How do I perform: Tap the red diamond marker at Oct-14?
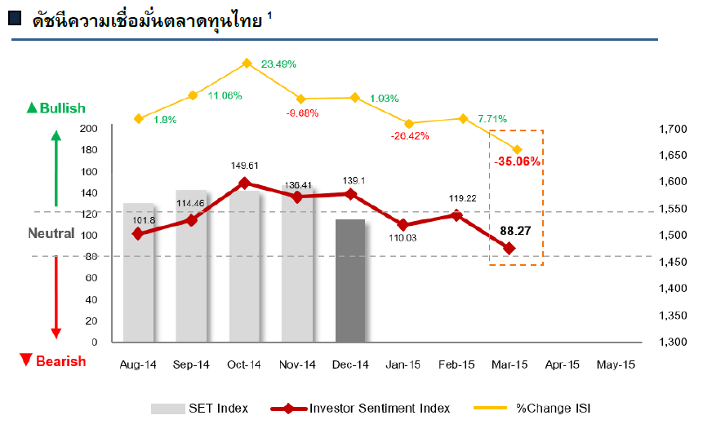pos(245,183)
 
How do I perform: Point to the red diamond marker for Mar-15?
pos(509,248)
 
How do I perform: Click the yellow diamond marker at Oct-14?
pos(246,63)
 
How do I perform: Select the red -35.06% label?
pos(518,161)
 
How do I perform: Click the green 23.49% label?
pos(278,64)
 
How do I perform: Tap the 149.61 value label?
pos(246,166)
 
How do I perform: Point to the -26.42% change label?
pos(410,136)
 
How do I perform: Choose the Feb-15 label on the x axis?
pos(456,365)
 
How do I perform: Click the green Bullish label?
pos(56,108)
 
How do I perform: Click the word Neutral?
pos(51,233)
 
